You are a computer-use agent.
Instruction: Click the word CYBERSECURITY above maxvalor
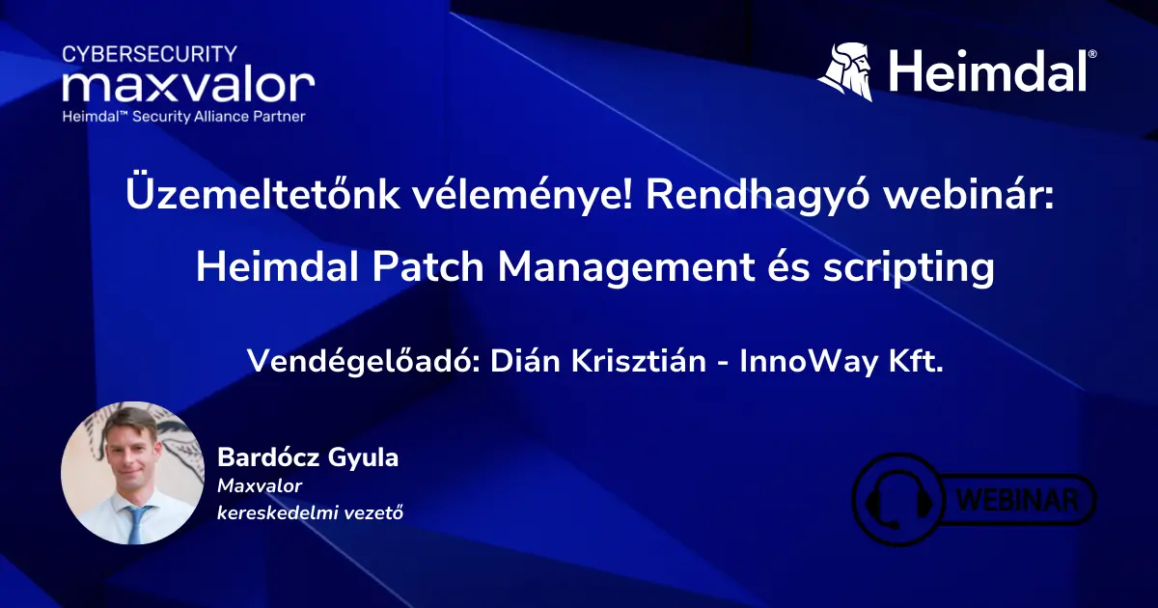(150, 54)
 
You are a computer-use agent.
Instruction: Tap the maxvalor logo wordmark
(189, 85)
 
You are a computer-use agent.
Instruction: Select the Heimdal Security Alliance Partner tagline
(184, 117)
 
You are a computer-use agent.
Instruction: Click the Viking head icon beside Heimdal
(845, 71)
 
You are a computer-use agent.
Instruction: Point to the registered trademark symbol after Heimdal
(1092, 54)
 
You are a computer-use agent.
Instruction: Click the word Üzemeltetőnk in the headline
(262, 194)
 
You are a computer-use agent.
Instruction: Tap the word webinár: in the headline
(968, 195)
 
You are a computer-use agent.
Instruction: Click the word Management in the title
(625, 269)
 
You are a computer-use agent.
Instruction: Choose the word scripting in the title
(909, 269)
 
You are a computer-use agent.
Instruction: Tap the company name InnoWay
(809, 361)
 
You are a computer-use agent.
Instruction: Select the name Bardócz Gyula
(308, 457)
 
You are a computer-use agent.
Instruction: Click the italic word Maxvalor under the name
(260, 486)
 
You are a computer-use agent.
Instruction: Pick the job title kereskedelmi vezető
(310, 512)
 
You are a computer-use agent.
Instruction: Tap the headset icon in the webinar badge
(899, 500)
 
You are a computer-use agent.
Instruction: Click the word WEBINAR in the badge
(1017, 500)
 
